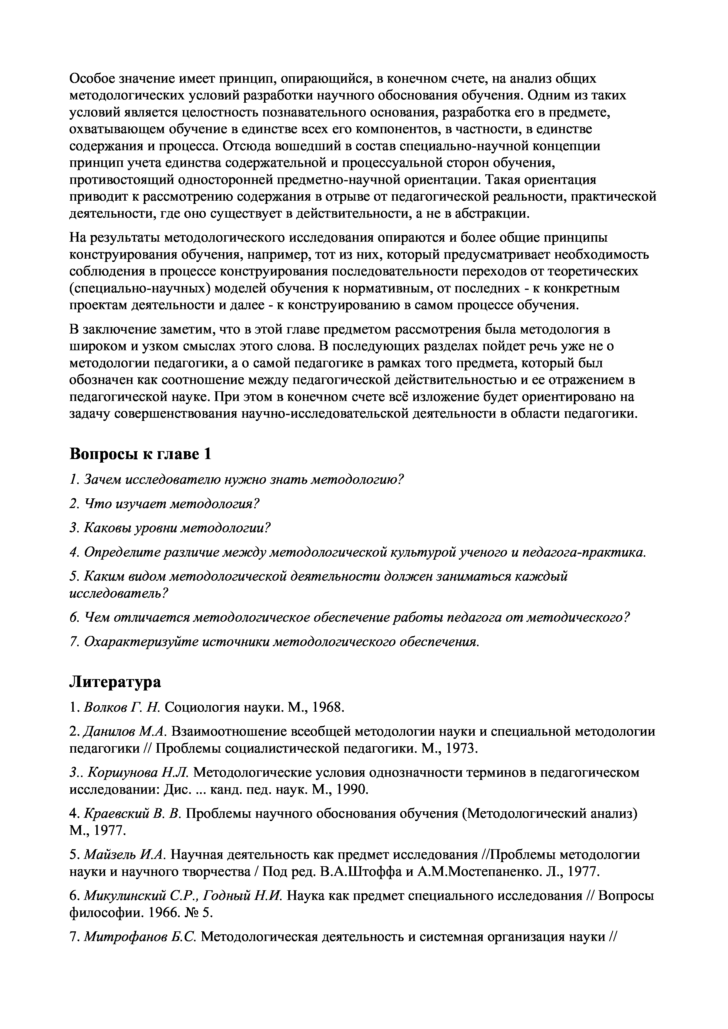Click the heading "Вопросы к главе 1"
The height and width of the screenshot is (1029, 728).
[x=140, y=454]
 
